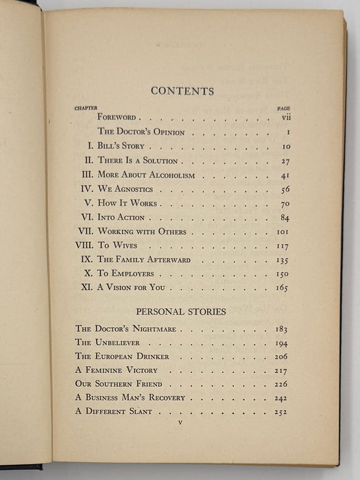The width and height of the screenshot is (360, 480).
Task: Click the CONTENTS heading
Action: click(x=182, y=91)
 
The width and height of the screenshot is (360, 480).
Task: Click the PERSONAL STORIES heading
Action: click(x=182, y=311)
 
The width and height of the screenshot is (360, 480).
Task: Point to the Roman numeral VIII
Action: click(x=85, y=245)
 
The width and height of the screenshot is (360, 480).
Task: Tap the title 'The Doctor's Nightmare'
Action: click(x=119, y=328)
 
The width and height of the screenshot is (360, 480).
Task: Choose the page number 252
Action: click(x=279, y=411)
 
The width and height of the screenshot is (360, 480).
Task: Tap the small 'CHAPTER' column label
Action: click(x=86, y=108)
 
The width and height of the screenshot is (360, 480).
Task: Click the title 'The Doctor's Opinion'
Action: click(x=141, y=132)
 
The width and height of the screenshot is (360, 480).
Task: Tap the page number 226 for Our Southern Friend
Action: click(x=279, y=384)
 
